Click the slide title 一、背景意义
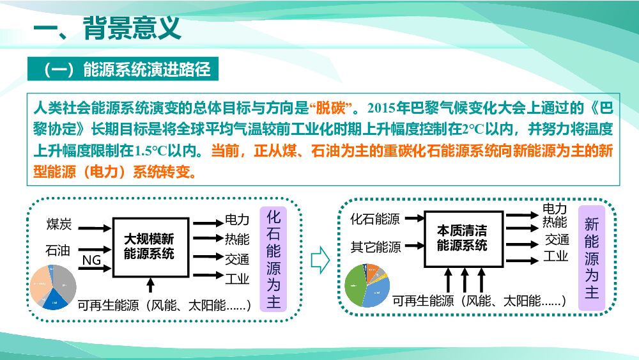[107, 29]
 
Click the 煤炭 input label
[59, 224]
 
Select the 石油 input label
[58, 250]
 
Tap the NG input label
[91, 260]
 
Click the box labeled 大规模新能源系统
[149, 247]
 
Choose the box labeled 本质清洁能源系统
[462, 237]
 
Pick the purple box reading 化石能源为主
[274, 260]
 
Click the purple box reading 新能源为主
[591, 258]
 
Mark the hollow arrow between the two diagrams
[319, 260]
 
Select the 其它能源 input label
[376, 247]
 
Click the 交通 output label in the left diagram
[236, 259]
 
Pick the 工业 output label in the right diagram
[555, 256]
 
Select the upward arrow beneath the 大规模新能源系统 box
[150, 285]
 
